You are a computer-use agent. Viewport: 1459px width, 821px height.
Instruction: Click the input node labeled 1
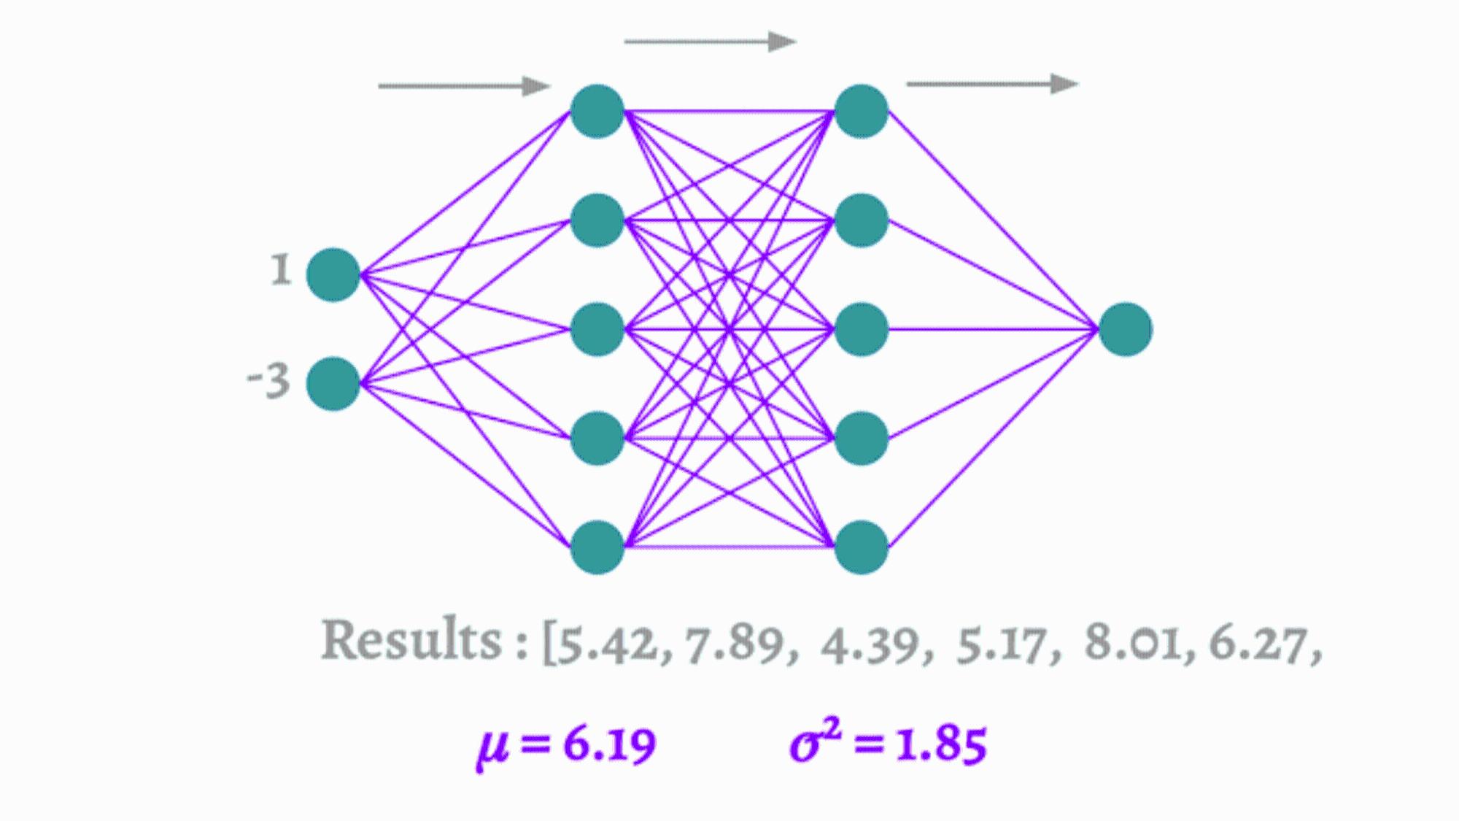pyautogui.click(x=333, y=274)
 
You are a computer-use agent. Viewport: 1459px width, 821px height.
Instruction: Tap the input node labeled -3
pyautogui.click(x=333, y=384)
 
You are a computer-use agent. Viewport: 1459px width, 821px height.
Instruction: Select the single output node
pyautogui.click(x=1126, y=329)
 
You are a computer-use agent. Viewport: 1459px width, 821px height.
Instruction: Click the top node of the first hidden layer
pyautogui.click(x=597, y=112)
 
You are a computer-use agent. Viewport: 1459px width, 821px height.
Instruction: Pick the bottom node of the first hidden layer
pyautogui.click(x=597, y=547)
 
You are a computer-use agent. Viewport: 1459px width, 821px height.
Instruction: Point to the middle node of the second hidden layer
pyautogui.click(x=862, y=329)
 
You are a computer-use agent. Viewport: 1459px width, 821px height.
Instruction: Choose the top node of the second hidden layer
pyautogui.click(x=862, y=112)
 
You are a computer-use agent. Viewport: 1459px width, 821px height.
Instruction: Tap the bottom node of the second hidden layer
pyautogui.click(x=862, y=547)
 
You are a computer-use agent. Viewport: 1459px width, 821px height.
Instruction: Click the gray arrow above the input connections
pyautogui.click(x=464, y=86)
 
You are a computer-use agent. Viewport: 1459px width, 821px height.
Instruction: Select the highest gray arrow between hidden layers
pyautogui.click(x=710, y=42)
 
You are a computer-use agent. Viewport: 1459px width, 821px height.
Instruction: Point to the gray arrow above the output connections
pyautogui.click(x=992, y=84)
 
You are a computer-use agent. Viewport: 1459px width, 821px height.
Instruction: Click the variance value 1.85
pyautogui.click(x=941, y=745)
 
